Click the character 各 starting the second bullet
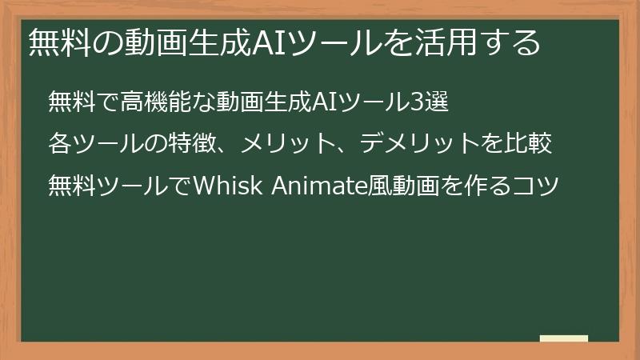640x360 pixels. tap(59, 144)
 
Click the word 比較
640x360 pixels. tap(527, 144)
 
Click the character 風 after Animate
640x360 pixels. tap(378, 186)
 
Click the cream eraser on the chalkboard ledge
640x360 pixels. tap(563, 338)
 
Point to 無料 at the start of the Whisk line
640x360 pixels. tap(71, 186)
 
